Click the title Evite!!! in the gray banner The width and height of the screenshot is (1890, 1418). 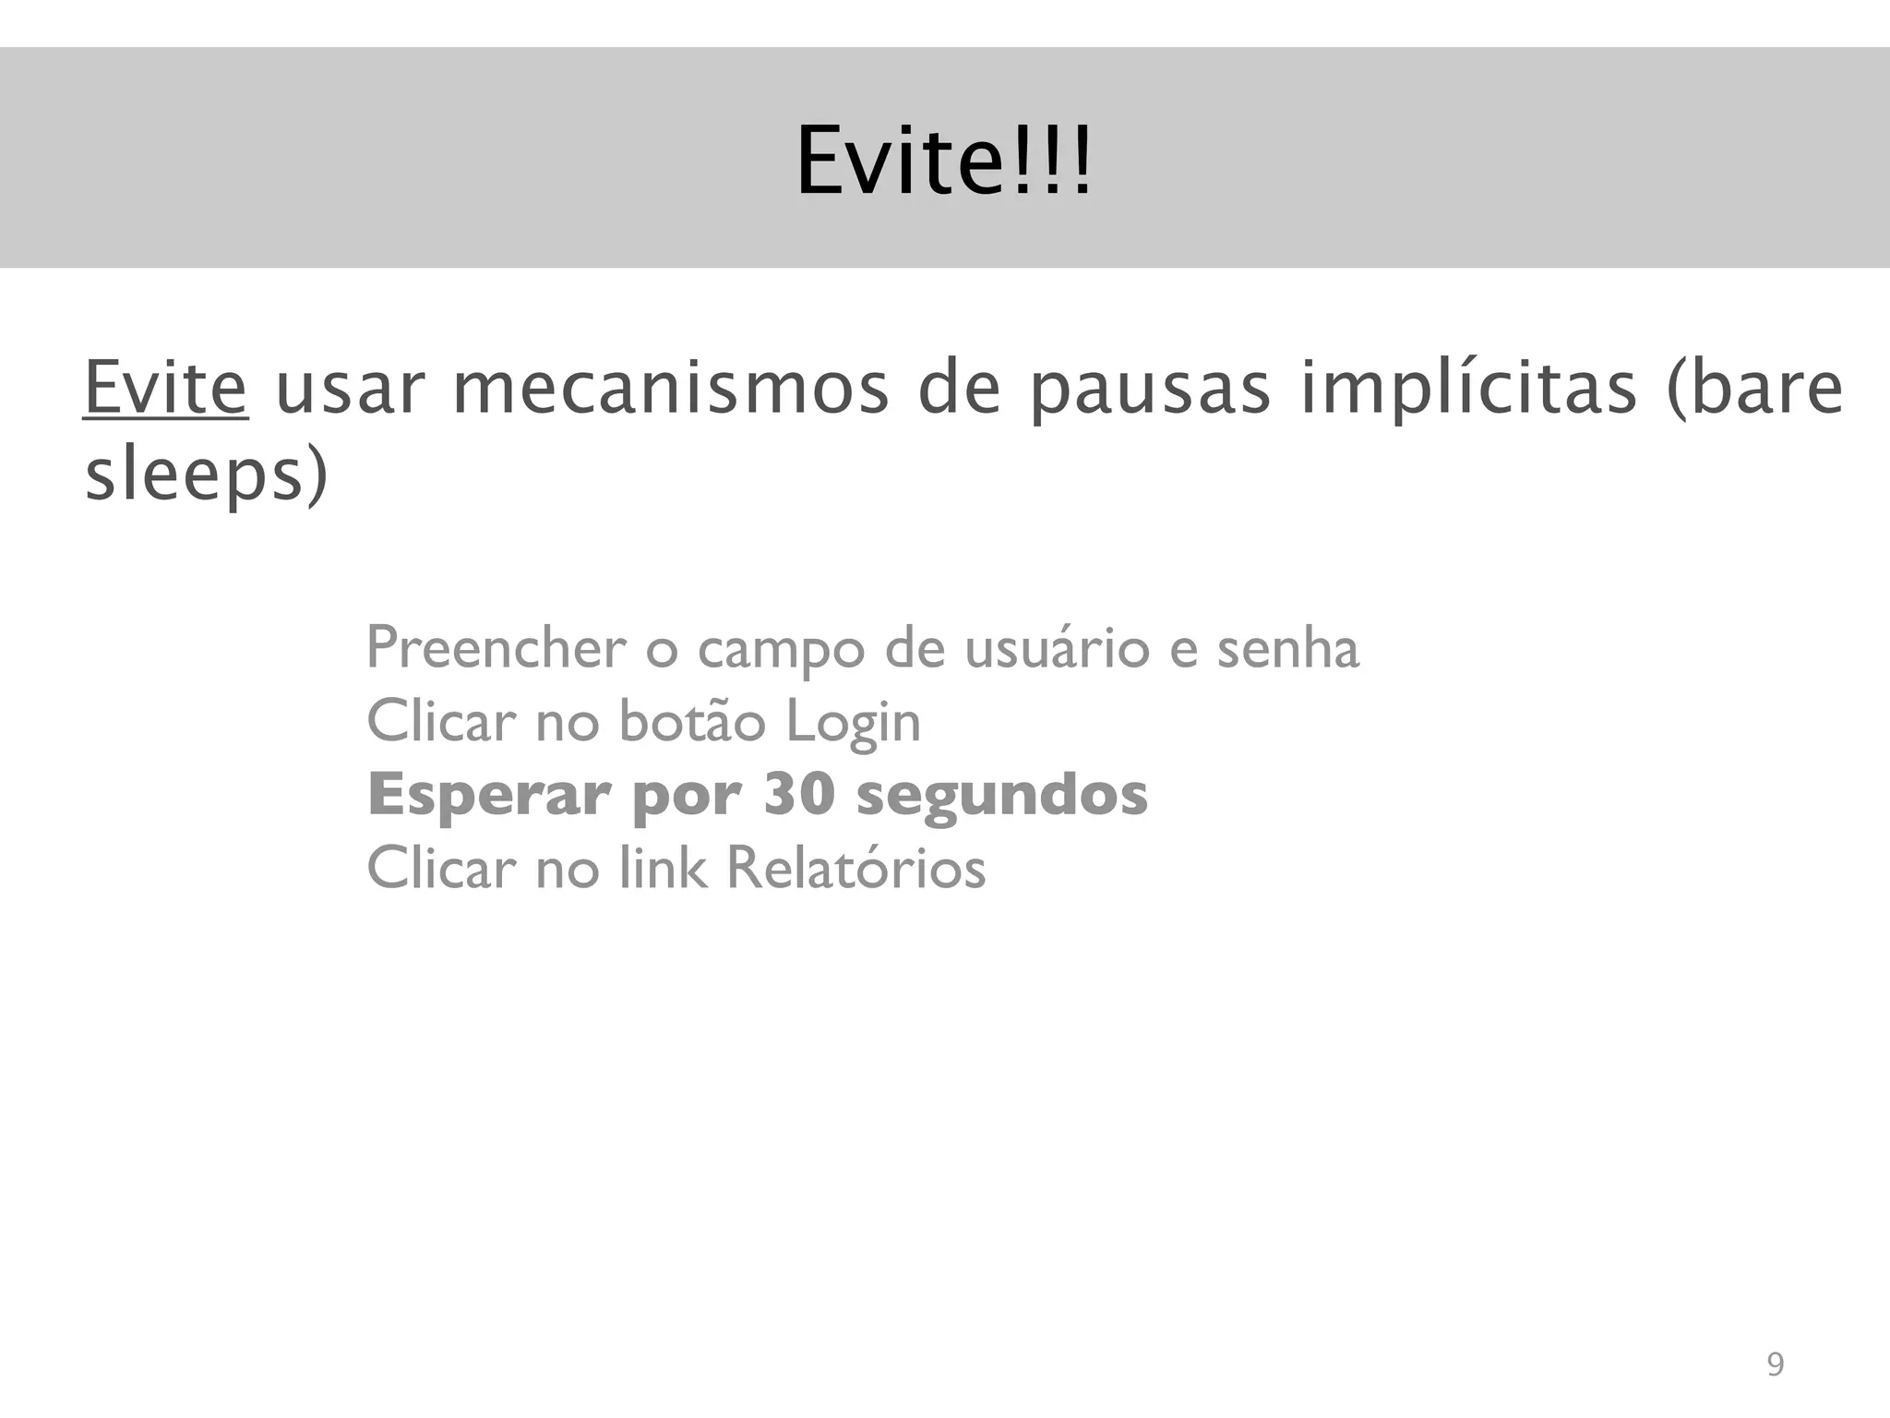[944, 162]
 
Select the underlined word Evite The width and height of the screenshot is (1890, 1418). [165, 388]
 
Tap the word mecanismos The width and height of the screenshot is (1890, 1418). [671, 388]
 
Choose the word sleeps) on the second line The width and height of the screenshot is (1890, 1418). [206, 475]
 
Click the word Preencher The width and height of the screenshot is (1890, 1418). [496, 649]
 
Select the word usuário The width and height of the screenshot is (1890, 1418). [1058, 649]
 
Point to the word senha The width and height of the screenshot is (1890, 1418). [1287, 648]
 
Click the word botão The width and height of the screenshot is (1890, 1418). [692, 721]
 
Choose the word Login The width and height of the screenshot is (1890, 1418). [854, 723]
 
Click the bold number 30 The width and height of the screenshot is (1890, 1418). [799, 794]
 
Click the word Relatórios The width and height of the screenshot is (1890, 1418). [856, 868]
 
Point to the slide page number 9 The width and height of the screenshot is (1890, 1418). [1775, 1364]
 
